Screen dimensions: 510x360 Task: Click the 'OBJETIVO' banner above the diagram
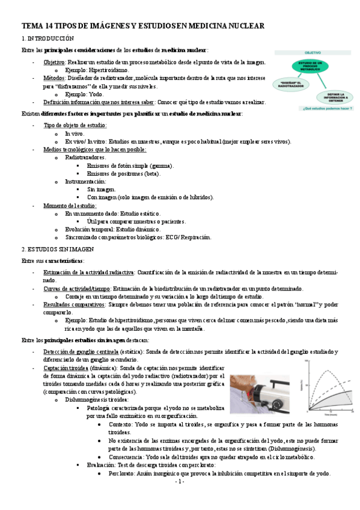(x=311, y=53)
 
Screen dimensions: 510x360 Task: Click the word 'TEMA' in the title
(x=30, y=26)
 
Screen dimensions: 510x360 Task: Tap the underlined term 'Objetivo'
(x=54, y=63)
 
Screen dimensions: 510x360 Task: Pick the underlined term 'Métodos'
(x=53, y=78)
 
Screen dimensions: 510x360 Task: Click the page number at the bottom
(x=179, y=482)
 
